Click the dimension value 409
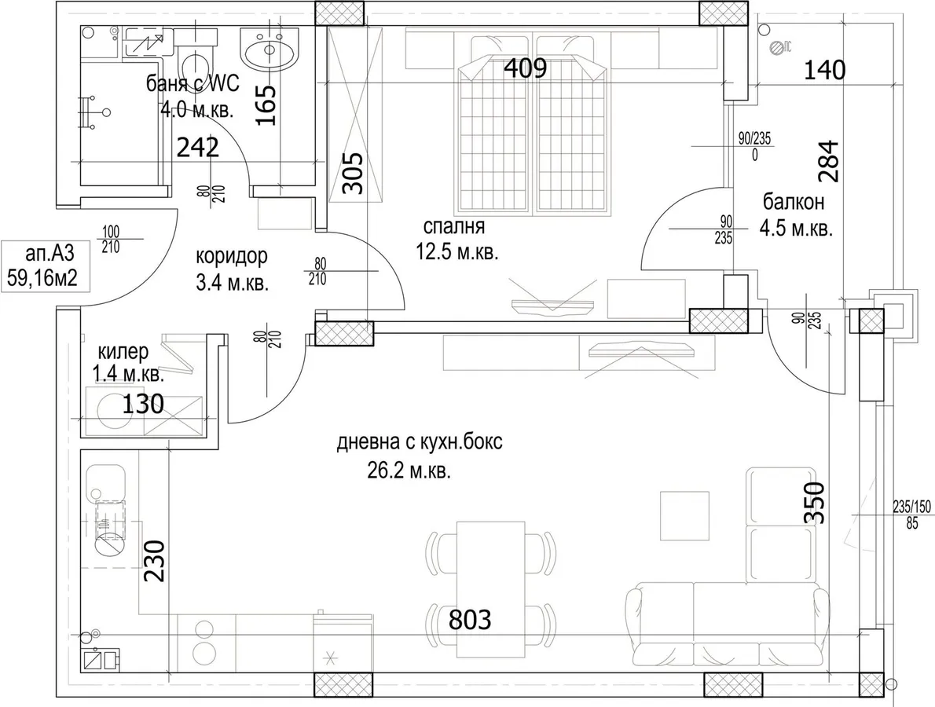pyautogui.click(x=526, y=68)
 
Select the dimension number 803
pyautogui.click(x=470, y=620)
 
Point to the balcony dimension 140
pyautogui.click(x=825, y=71)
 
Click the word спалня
pyautogui.click(x=454, y=226)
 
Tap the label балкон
pyautogui.click(x=794, y=202)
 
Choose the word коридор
pyautogui.click(x=232, y=256)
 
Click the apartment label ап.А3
pyautogui.click(x=50, y=254)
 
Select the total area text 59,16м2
pyautogui.click(x=43, y=277)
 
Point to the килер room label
pyautogui.click(x=123, y=352)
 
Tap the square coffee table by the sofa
pyautogui.click(x=684, y=515)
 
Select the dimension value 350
pyautogui.click(x=814, y=503)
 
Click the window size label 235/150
pyautogui.click(x=911, y=507)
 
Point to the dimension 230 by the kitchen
pyautogui.click(x=154, y=560)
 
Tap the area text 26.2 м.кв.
pyautogui.click(x=409, y=471)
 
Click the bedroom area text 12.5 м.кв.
pyautogui.click(x=456, y=253)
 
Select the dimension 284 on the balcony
pyautogui.click(x=829, y=161)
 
